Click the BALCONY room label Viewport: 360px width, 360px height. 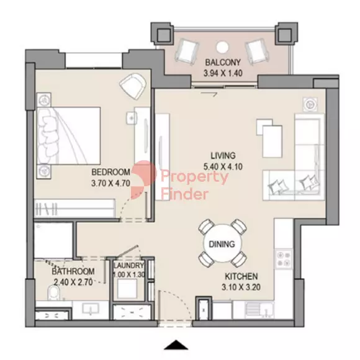tap(223, 62)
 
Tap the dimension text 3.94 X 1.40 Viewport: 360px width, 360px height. tap(223, 73)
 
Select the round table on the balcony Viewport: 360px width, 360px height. tap(222, 47)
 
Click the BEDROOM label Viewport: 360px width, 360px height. tap(111, 172)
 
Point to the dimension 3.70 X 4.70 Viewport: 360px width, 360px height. tap(110, 183)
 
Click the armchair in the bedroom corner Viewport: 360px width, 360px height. tap(133, 86)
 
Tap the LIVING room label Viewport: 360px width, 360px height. tap(223, 156)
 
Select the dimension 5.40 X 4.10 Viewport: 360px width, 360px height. tap(223, 167)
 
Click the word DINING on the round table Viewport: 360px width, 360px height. tap(222, 244)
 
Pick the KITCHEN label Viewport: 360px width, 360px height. tap(241, 276)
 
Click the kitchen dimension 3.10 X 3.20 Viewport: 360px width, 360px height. tap(241, 287)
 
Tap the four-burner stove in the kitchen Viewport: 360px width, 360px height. tap(284, 259)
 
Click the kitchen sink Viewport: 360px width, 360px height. tap(259, 310)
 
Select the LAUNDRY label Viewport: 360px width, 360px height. tap(129, 266)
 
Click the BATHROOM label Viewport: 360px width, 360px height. tap(73, 271)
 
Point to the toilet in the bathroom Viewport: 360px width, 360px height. tap(54, 294)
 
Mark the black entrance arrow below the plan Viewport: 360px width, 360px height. tap(176, 344)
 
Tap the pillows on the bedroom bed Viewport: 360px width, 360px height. tap(46, 136)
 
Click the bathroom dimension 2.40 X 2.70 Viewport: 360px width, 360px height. tap(73, 282)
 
